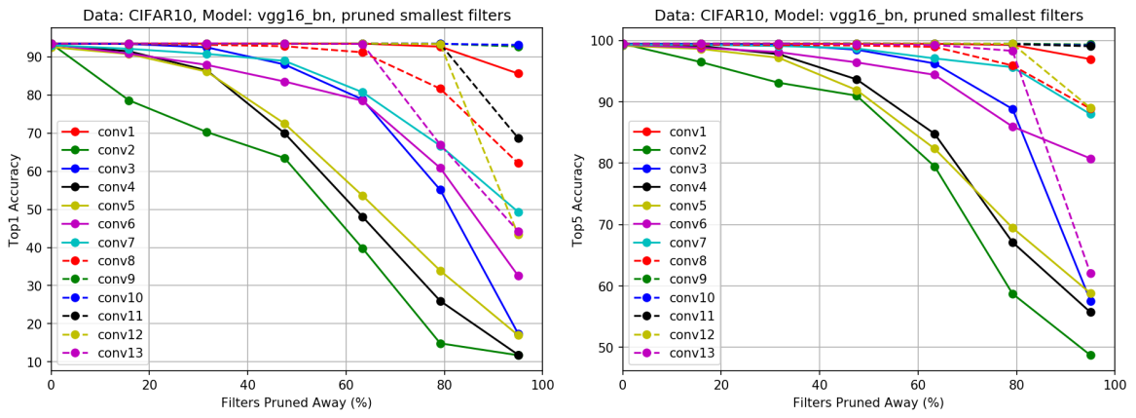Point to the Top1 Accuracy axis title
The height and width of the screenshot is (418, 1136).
(15, 199)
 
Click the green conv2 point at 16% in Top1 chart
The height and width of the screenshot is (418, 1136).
(128, 100)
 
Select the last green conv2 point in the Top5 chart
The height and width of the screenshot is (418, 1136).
(1090, 355)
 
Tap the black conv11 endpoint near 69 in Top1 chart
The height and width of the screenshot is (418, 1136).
(519, 138)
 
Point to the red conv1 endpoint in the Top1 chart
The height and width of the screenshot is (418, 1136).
(519, 73)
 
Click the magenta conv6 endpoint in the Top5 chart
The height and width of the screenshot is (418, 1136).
(1090, 159)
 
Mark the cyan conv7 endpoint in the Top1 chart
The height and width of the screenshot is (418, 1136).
(519, 211)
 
